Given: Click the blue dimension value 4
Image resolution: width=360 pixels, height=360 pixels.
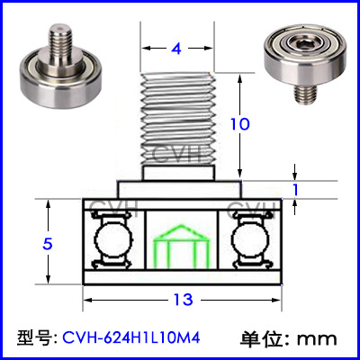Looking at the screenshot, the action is point(176,49).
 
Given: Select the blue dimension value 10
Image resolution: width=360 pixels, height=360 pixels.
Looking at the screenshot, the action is point(239,124).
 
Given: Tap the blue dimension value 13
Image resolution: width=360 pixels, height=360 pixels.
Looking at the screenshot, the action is point(183,300).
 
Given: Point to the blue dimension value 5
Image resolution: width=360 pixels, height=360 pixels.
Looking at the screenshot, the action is point(48,244).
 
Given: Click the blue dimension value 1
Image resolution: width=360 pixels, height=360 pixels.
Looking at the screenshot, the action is point(295,190).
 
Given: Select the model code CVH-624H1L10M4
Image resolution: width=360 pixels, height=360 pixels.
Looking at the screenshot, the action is point(131,338).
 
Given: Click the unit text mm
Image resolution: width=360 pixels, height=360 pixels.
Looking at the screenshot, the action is point(317,339).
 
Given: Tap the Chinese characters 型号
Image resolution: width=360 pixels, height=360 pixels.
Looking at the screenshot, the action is point(32,338).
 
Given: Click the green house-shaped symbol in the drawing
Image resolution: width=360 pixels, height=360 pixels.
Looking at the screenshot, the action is point(182,246).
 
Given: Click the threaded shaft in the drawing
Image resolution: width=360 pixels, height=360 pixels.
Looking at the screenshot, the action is point(178,119).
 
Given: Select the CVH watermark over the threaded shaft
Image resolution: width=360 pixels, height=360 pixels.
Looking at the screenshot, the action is point(182,154).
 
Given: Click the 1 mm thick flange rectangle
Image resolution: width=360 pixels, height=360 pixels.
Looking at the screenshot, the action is point(180,190).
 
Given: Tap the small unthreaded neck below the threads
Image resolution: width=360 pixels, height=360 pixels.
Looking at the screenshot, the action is point(179,173).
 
